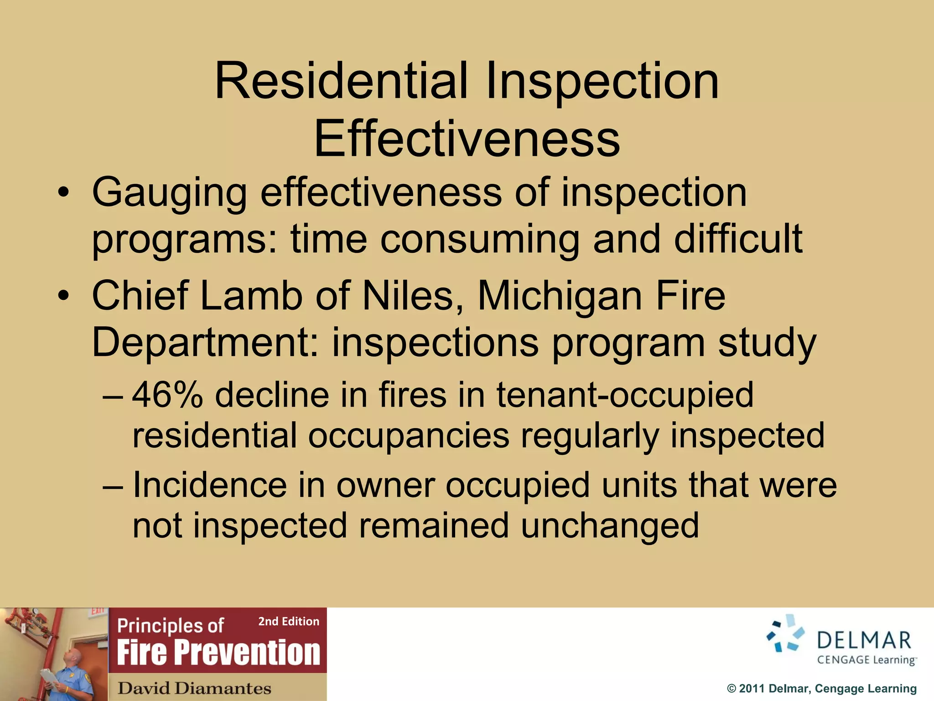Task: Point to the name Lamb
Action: click(x=251, y=296)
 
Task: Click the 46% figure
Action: click(x=167, y=394)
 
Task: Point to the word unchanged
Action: click(x=610, y=526)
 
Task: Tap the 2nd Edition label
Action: click(x=289, y=621)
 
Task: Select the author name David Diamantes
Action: click(x=194, y=688)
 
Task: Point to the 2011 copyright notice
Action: click(x=821, y=689)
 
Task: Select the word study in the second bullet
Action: click(x=767, y=343)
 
